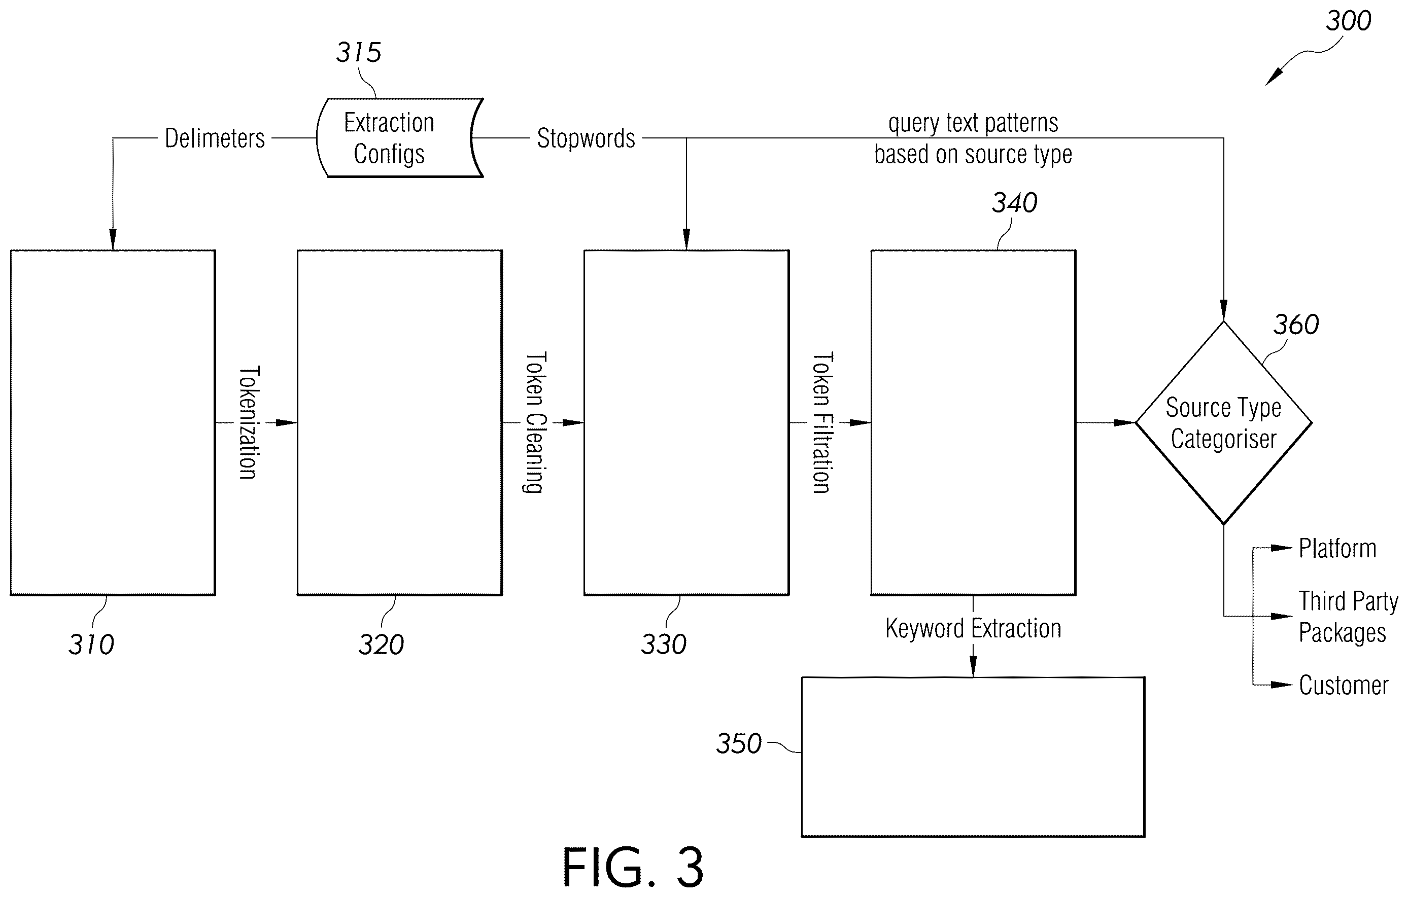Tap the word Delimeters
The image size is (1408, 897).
pyautogui.click(x=215, y=138)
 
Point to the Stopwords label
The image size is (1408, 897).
pyautogui.click(x=586, y=138)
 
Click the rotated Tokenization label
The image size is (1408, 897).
pyautogui.click(x=249, y=422)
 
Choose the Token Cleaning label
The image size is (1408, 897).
pyautogui.click(x=535, y=422)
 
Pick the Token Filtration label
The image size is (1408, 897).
pyautogui.click(x=822, y=422)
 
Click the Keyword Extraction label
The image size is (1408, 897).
pyautogui.click(x=973, y=629)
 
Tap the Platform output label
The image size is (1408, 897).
pyautogui.click(x=1337, y=549)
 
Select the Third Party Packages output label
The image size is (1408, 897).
pyautogui.click(x=1348, y=617)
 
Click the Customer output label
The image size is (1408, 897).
pyautogui.click(x=1343, y=685)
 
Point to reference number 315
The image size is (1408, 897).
pyautogui.click(x=358, y=53)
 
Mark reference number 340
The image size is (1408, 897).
pyautogui.click(x=1014, y=203)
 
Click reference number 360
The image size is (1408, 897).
pyautogui.click(x=1296, y=325)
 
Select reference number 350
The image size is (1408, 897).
pyautogui.click(x=739, y=744)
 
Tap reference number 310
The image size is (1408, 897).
pyautogui.click(x=91, y=644)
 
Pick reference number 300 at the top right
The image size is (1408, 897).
pyautogui.click(x=1348, y=21)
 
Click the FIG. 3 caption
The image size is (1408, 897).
pyautogui.click(x=633, y=868)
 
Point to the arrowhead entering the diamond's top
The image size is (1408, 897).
pyautogui.click(x=1223, y=311)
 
